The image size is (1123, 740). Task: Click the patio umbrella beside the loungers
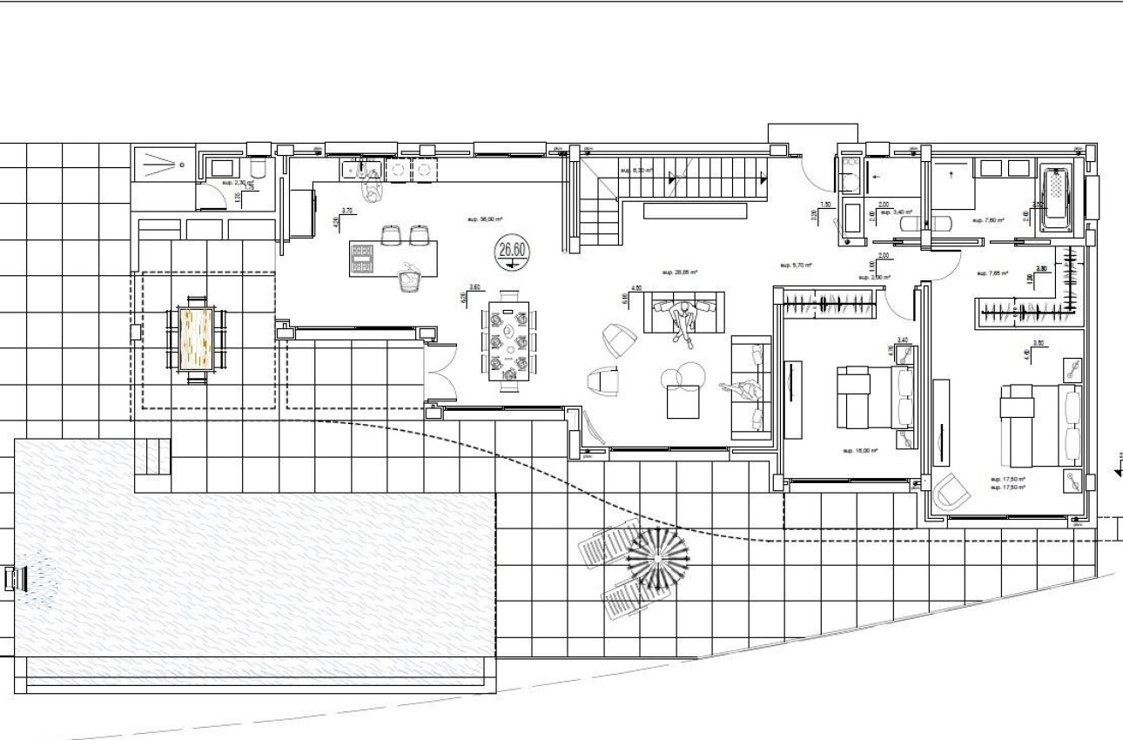(x=658, y=556)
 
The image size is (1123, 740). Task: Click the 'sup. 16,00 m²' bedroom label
(x=859, y=451)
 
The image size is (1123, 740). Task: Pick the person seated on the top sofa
(x=687, y=320)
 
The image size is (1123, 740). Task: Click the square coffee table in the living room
(x=685, y=400)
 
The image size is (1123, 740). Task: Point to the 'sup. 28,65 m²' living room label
(x=680, y=272)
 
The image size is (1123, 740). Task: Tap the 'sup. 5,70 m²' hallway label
(x=796, y=265)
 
